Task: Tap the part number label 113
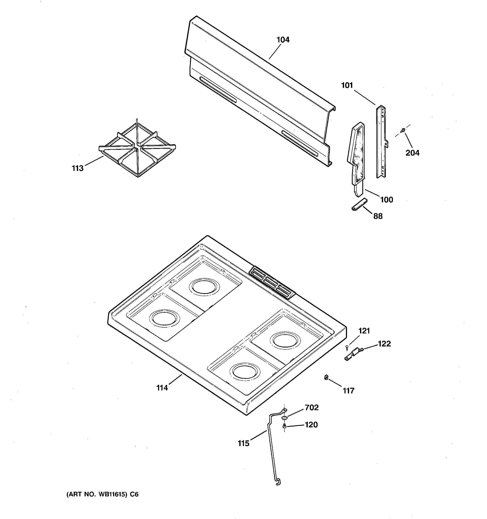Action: point(78,168)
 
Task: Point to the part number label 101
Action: point(347,85)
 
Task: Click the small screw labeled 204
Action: point(403,130)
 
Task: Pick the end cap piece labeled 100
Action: point(356,157)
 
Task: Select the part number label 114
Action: point(162,388)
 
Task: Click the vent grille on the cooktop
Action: point(272,282)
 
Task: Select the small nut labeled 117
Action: point(326,377)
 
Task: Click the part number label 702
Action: point(312,407)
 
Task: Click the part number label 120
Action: point(311,425)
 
